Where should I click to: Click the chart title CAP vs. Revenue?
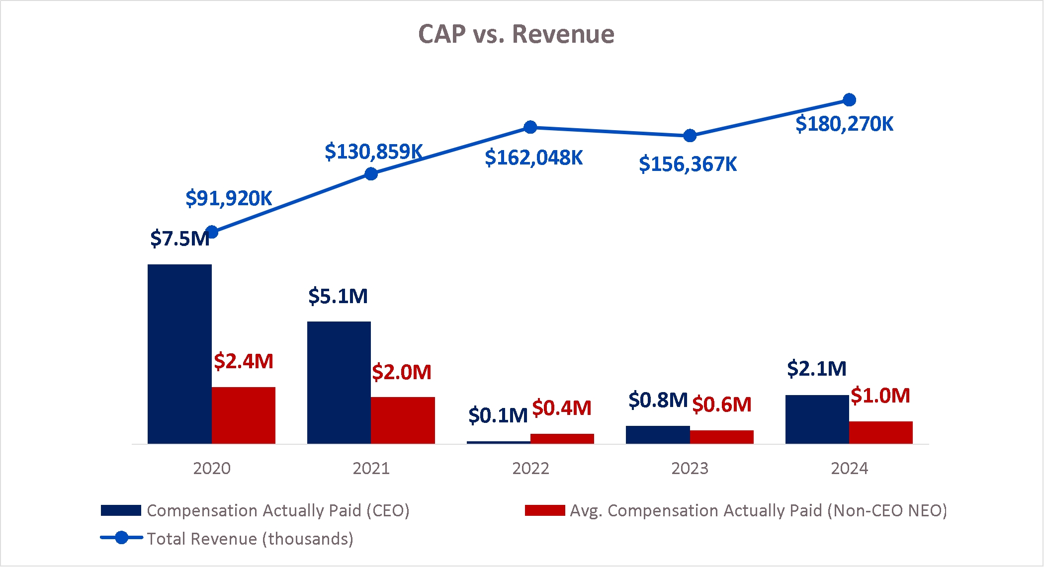coord(516,34)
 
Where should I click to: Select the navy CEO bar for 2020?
coord(179,354)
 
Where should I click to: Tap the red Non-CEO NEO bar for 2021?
coord(403,420)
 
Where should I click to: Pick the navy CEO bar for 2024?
coord(817,419)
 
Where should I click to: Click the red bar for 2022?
coord(562,438)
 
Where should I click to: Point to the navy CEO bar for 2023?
coord(658,434)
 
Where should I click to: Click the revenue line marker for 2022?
coord(530,127)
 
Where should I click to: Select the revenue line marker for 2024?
coord(849,100)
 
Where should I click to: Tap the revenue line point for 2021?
coord(371,174)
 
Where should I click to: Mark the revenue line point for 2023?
coord(690,136)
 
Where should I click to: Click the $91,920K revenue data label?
coord(229,198)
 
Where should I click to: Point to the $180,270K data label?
coord(844,124)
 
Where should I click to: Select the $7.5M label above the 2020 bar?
coord(179,239)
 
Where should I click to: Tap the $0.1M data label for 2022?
coord(498,415)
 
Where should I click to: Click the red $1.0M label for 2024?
coord(880,396)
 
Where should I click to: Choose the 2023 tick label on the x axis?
coord(690,468)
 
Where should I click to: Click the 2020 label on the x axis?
coord(212,468)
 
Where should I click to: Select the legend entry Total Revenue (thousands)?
coord(250,539)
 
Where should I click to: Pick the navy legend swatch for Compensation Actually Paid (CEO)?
coord(121,510)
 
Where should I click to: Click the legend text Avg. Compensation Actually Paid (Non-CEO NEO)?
coord(758,510)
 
